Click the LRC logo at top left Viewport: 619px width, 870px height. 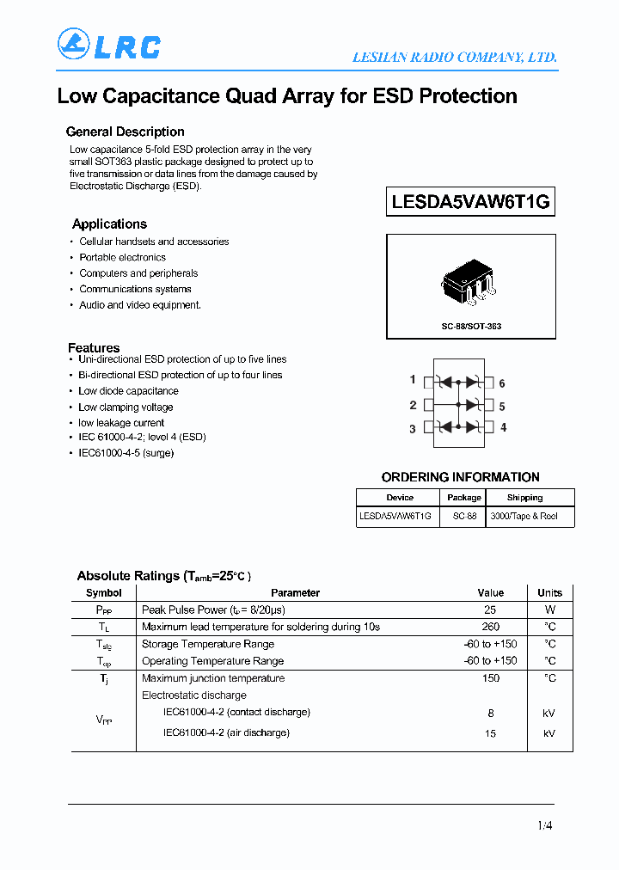[108, 45]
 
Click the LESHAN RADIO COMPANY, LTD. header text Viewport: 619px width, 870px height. [455, 58]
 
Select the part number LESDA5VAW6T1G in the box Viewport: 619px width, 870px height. [470, 202]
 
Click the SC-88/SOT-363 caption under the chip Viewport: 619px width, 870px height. [471, 327]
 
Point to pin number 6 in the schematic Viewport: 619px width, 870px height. [502, 383]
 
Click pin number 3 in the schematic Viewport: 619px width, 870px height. [413, 428]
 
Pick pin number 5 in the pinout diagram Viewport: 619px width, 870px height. [502, 406]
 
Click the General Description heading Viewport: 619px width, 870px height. [125, 132]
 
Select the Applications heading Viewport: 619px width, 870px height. [109, 224]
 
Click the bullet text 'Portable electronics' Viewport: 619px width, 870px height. [122, 257]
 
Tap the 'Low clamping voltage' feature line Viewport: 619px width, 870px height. [126, 407]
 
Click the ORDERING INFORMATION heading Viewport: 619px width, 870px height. [460, 477]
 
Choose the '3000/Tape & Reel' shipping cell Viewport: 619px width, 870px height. [524, 516]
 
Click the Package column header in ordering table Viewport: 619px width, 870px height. [464, 498]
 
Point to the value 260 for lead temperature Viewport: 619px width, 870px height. [490, 627]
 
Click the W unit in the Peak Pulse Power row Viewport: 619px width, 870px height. [549, 610]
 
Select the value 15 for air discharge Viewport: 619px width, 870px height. [490, 733]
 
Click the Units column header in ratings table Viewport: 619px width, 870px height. [549, 592]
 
